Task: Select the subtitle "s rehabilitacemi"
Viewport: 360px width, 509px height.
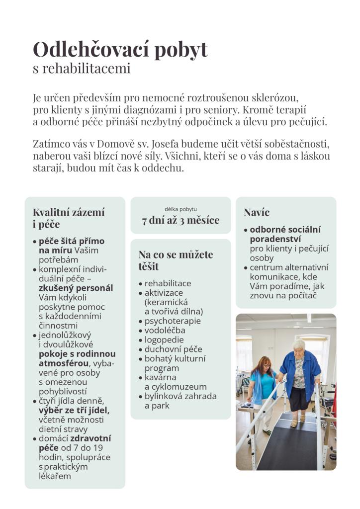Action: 82,68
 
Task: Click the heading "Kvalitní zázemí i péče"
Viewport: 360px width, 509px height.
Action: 69,218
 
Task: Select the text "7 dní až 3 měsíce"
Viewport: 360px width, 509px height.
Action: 180,220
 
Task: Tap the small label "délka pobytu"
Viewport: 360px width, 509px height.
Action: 180,209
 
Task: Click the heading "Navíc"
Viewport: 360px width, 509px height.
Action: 257,212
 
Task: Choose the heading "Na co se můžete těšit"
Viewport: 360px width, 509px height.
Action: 176,260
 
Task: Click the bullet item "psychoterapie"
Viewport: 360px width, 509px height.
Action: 173,321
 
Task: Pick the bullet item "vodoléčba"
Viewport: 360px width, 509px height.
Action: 165,330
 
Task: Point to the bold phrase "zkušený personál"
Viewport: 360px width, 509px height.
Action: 76,288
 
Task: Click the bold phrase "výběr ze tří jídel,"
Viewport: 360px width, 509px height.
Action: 74,410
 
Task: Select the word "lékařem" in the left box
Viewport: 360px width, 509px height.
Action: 55,476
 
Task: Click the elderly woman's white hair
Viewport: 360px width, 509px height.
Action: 299,344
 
